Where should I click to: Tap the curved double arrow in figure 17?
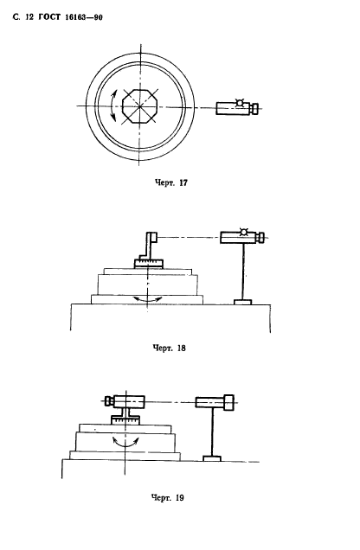pyautogui.click(x=112, y=106)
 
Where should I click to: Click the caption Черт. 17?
pyautogui.click(x=170, y=182)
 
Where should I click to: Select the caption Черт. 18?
pyautogui.click(x=169, y=348)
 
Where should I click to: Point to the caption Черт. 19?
pyautogui.click(x=167, y=497)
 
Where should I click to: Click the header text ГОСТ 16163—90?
pyautogui.click(x=70, y=17)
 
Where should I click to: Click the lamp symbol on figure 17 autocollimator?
pyautogui.click(x=240, y=103)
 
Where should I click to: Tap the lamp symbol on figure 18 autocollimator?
pyautogui.click(x=243, y=232)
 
